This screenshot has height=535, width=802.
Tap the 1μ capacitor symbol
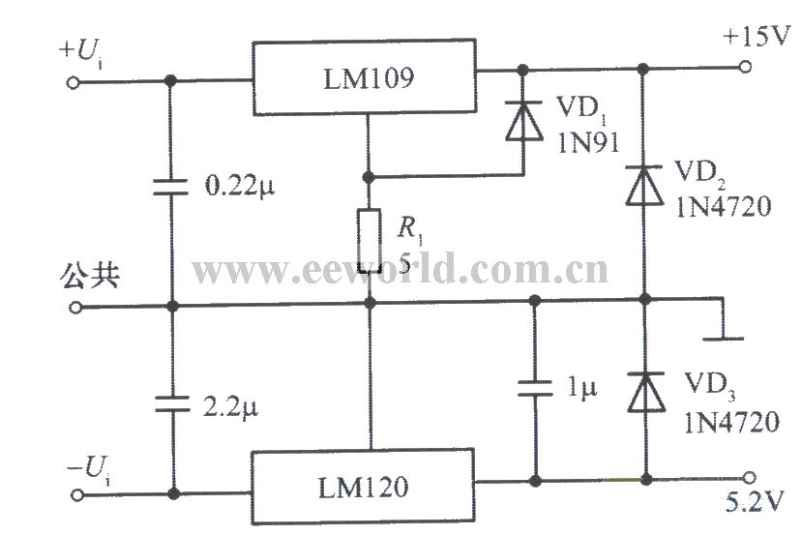(x=533, y=388)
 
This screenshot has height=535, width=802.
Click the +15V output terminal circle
(x=746, y=68)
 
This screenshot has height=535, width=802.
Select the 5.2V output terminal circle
(x=751, y=477)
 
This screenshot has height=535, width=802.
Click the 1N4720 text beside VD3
(x=730, y=422)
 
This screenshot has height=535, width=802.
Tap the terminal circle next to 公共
(x=74, y=308)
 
